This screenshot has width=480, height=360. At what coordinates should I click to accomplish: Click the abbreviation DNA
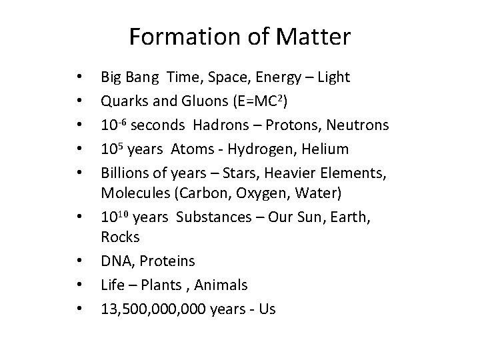point(115,260)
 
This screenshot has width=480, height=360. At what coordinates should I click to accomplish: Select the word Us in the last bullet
point(267,309)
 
